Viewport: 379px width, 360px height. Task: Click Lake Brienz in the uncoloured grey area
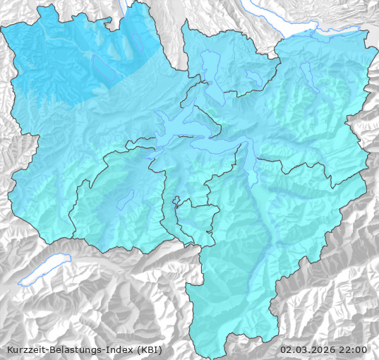click(44, 272)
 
